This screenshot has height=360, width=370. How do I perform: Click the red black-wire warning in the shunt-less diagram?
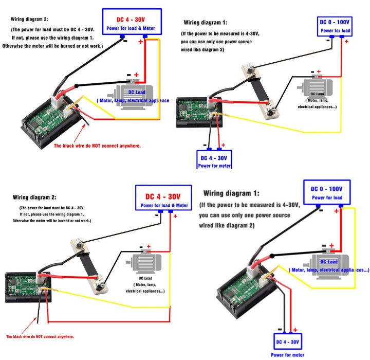click(98, 146)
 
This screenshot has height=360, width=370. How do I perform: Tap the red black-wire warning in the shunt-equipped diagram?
click(40, 336)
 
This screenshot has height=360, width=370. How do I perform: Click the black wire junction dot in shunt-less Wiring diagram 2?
click(77, 85)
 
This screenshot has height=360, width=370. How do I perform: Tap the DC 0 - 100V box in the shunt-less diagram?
click(327, 192)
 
